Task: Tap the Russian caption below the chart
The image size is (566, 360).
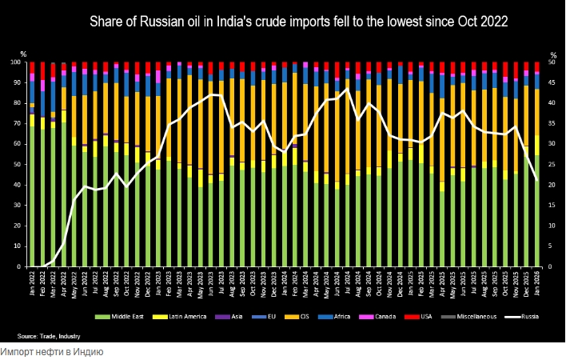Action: [x=52, y=352]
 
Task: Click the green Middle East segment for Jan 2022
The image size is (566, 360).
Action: [x=32, y=200]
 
